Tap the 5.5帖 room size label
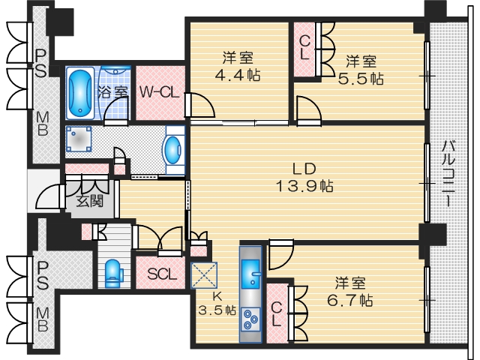coord(364,77)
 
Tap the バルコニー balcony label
coord(448,172)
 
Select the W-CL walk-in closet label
coord(159,92)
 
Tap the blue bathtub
coord(79,92)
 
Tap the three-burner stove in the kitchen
coord(250,322)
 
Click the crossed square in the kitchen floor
coord(204,274)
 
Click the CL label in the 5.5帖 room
coord(306,48)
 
